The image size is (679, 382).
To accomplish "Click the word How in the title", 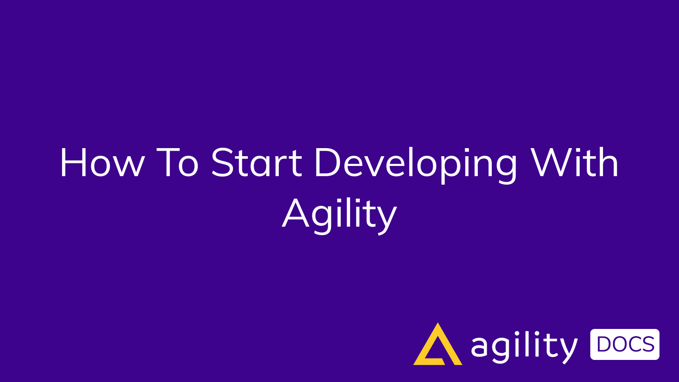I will coord(102,163).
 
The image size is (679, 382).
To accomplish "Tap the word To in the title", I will coord(177,163).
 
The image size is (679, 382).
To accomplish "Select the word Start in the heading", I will coord(256,163).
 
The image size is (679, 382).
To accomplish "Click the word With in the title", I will coord(575,163).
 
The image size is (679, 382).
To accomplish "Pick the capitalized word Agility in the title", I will coord(339,214).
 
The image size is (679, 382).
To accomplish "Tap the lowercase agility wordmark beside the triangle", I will coord(525,347).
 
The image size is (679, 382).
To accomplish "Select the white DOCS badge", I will coord(625,344).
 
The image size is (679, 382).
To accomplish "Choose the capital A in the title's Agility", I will coord(295,213).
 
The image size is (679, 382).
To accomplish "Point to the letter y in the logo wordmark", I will coord(568,350).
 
